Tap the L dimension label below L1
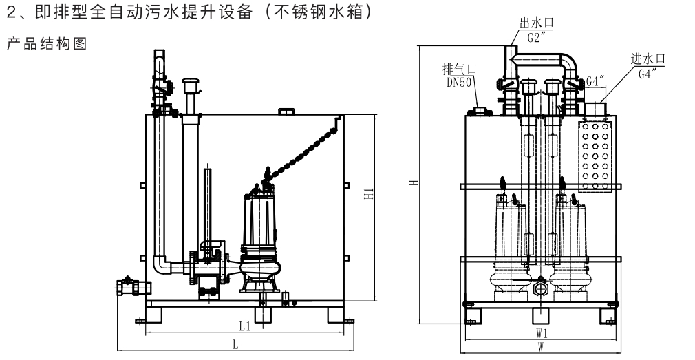point(235,346)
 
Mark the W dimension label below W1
point(541,349)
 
